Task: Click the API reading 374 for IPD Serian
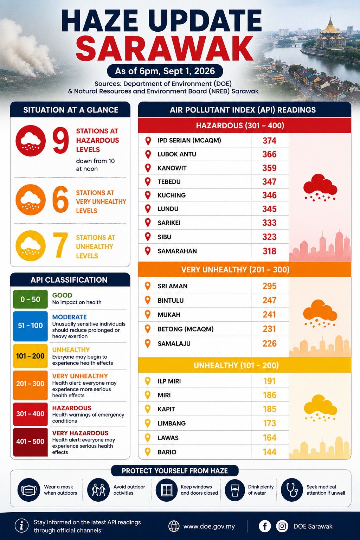point(269,141)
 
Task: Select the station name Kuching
point(172,195)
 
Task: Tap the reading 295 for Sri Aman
point(269,286)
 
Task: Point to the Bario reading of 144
point(269,452)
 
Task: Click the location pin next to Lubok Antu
point(148,154)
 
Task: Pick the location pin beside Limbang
point(148,423)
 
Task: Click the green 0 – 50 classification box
point(30,299)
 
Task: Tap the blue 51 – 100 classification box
point(30,326)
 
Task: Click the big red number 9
point(60,141)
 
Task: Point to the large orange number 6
point(60,199)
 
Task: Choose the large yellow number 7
point(60,245)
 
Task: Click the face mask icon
point(29,490)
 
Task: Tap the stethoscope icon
point(291,490)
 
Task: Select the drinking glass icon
point(234,490)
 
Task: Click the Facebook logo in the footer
point(265,526)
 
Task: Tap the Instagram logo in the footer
point(282,526)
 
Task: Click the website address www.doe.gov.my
point(209,527)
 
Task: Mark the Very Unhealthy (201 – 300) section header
point(244,270)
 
